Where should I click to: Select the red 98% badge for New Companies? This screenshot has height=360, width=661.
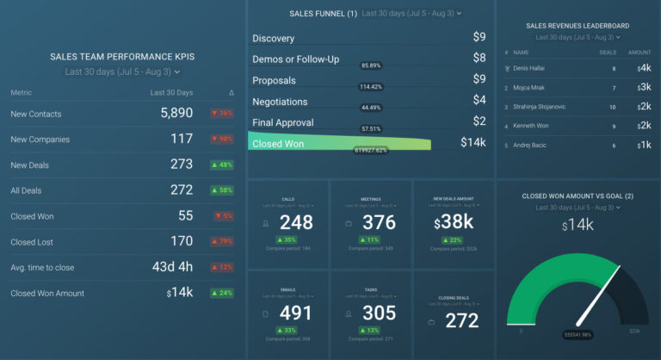222,140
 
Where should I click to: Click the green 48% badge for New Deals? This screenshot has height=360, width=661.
222,164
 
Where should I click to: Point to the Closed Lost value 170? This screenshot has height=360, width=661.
182,242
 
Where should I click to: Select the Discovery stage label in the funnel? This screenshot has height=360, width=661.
274,39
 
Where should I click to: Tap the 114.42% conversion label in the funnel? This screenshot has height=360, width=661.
371,87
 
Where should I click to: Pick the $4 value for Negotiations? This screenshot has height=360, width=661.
479,101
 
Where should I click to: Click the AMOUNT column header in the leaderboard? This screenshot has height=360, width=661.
639,52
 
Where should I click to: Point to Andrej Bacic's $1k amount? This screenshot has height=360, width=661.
645,146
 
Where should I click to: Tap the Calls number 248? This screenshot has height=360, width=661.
296,223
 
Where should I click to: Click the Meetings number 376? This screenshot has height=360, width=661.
380,223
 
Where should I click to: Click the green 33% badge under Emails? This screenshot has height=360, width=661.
287,330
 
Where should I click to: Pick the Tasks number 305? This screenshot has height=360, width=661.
380,313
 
